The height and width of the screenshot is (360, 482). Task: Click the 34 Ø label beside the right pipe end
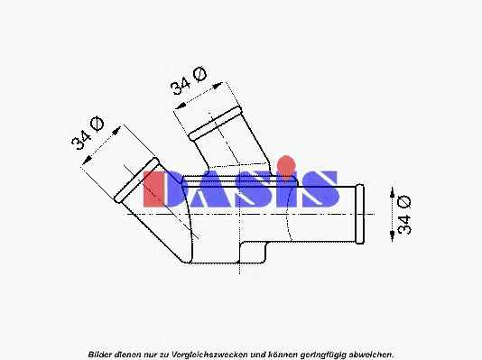pos(403,215)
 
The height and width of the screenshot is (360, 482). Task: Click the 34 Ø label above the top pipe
pos(188,81)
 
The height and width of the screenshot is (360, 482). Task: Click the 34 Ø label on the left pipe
pos(88,134)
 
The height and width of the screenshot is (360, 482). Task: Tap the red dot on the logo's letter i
pos(286,163)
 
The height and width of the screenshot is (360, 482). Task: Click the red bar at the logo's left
pos(153,189)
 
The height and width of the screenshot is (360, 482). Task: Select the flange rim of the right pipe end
pos(359,214)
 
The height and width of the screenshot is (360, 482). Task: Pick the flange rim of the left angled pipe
pos(137,180)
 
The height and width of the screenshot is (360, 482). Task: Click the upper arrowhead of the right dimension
pos(392,193)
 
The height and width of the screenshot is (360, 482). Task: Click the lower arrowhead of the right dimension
pos(392,235)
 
